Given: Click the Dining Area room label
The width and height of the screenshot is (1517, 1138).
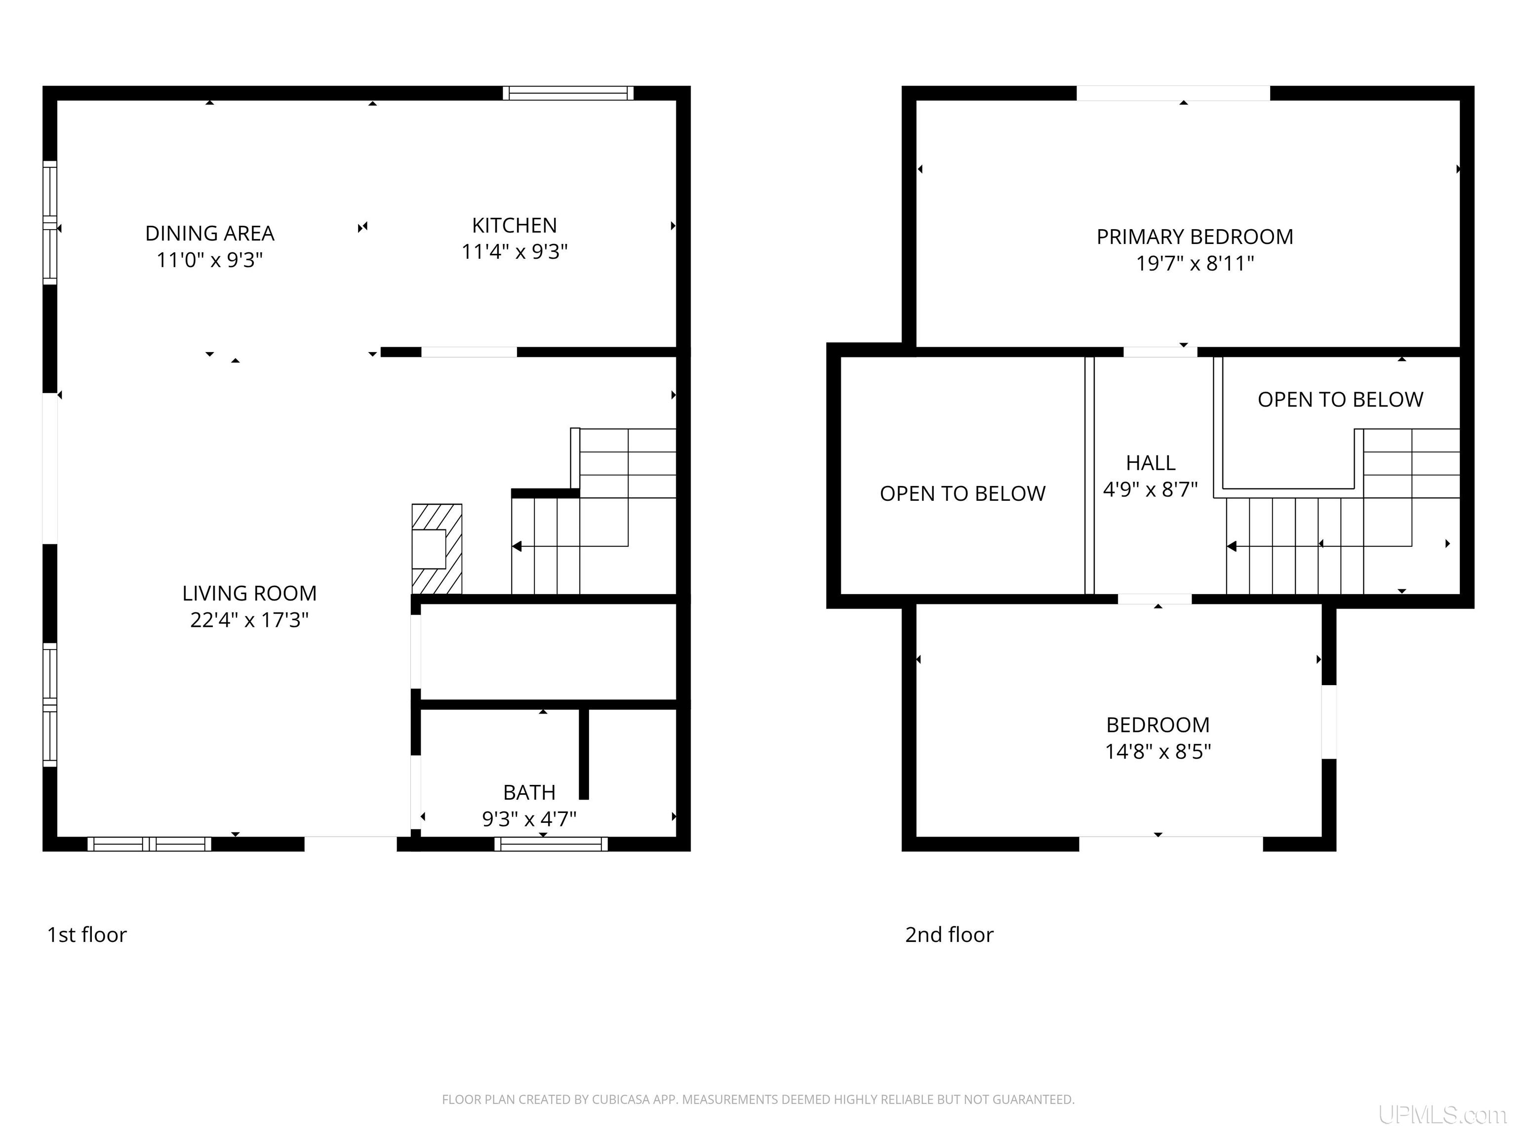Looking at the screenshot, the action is click(x=210, y=233).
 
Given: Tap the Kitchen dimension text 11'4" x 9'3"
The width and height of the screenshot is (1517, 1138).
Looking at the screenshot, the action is click(x=515, y=252).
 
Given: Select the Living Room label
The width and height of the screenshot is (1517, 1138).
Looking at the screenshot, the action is click(x=250, y=593).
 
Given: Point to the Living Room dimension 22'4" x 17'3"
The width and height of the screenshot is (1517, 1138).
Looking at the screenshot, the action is click(x=250, y=619).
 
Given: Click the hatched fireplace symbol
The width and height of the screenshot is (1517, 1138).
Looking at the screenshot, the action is click(x=437, y=549).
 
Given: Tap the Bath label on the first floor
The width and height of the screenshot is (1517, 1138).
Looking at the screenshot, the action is click(x=529, y=792).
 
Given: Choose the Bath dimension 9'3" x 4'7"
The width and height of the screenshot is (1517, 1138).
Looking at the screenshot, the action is click(x=529, y=818).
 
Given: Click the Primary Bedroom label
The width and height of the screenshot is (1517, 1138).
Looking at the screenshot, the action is click(x=1195, y=237).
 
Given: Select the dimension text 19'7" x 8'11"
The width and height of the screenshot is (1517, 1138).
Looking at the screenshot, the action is click(x=1195, y=263).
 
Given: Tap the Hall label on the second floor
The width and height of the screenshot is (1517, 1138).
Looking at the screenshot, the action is click(x=1151, y=463).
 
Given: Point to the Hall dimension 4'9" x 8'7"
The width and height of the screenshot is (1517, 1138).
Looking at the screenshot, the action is click(x=1151, y=489).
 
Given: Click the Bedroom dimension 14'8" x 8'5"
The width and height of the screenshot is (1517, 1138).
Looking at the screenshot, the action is click(x=1158, y=751).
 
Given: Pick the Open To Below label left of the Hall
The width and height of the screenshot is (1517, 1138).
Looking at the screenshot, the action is click(x=963, y=493).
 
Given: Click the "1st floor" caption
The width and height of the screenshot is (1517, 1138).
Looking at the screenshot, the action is click(x=87, y=935).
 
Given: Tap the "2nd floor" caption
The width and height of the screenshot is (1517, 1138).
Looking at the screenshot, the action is click(x=949, y=935).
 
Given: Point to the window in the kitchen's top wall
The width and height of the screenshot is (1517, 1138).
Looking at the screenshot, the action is click(x=568, y=93).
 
